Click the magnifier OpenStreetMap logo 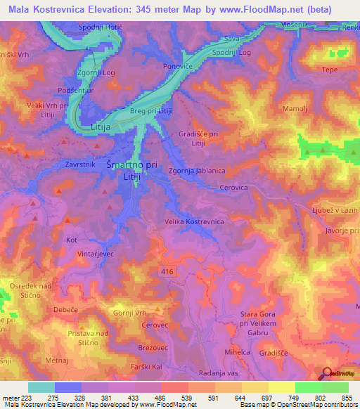pos(328,375)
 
